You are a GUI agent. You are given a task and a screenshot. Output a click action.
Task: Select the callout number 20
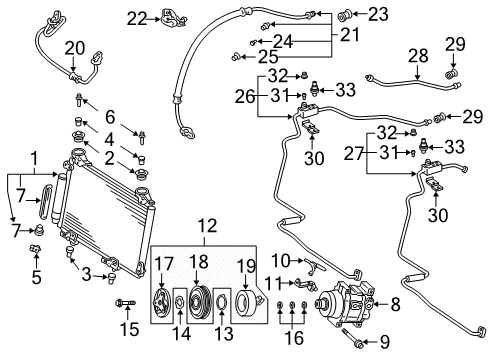click(75, 48)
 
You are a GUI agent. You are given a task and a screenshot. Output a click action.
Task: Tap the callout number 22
click(136, 16)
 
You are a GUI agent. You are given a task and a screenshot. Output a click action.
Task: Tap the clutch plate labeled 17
click(166, 301)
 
